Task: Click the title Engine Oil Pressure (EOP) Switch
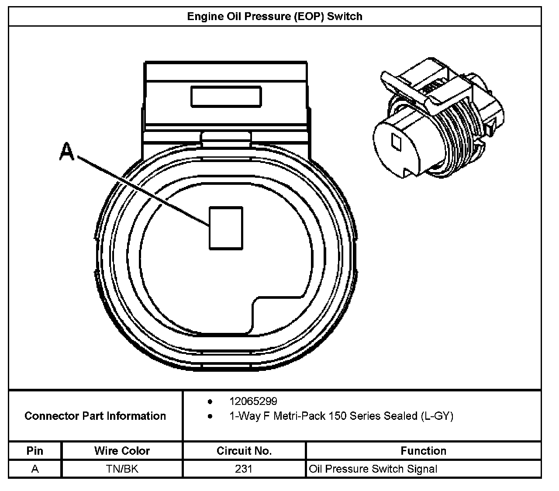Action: [275, 17]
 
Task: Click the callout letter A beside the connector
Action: [67, 152]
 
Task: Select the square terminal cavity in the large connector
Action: [226, 228]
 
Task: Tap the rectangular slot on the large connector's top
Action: [226, 96]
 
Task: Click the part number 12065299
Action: [253, 401]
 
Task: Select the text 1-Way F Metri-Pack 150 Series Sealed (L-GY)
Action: [341, 416]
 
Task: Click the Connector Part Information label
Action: [95, 416]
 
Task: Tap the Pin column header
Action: [35, 451]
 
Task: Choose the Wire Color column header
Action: [122, 451]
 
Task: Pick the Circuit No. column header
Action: [244, 451]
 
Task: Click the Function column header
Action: [423, 451]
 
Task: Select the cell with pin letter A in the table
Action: [35, 469]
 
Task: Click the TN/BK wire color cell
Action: [122, 469]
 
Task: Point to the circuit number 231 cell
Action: [244, 469]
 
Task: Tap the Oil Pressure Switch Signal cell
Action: [373, 469]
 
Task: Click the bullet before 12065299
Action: [210, 401]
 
